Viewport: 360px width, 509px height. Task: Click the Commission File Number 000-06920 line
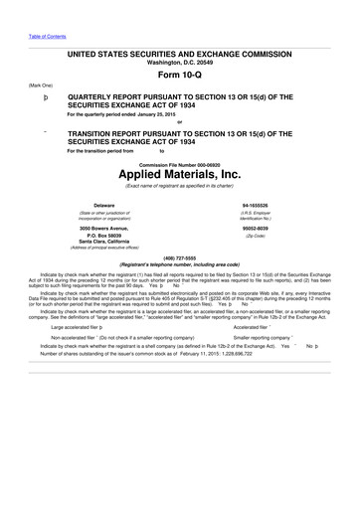[179, 159]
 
